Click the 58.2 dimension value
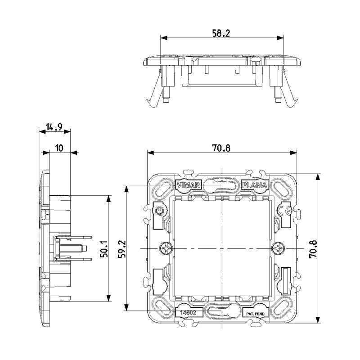221,33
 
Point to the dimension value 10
59,148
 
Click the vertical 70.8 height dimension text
314,248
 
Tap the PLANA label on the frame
255,185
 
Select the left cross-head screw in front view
165,248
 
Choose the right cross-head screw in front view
279,248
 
